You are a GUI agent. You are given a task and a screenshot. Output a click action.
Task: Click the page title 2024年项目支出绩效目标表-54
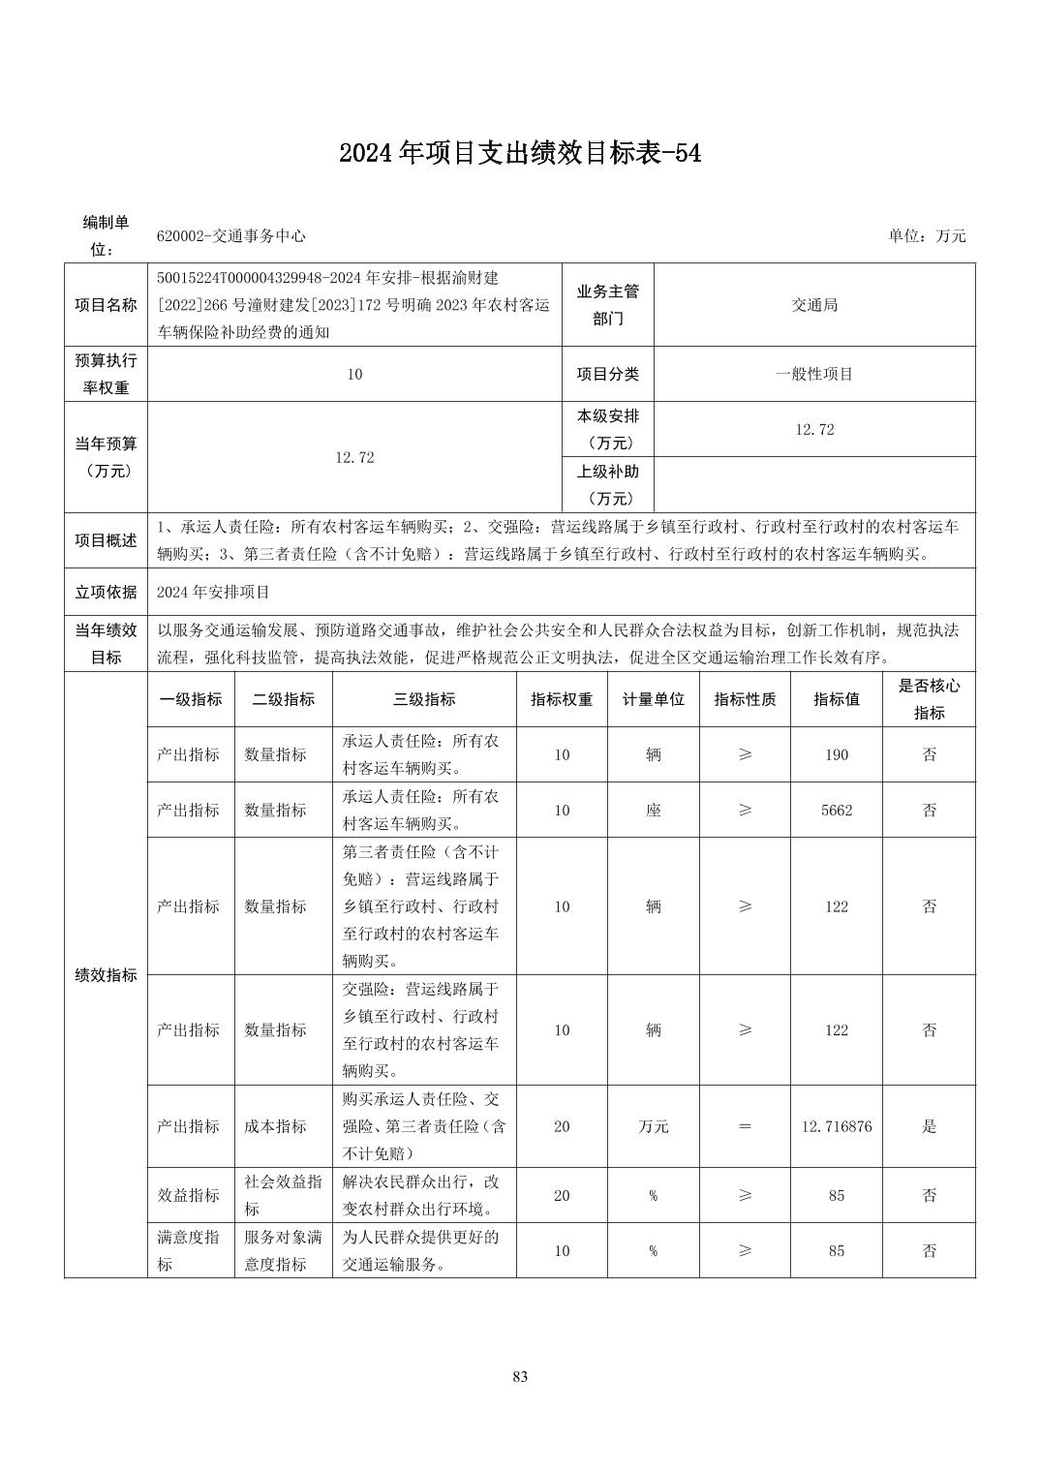point(520,153)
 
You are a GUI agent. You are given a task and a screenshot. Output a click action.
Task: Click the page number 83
point(520,1376)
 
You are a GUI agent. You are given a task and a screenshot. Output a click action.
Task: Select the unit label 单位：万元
point(927,236)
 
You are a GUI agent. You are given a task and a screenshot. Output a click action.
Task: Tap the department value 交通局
point(814,305)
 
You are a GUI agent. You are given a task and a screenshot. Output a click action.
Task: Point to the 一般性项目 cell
point(814,374)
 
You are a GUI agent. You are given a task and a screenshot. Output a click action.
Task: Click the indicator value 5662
point(836,810)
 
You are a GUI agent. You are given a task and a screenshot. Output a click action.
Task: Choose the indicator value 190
point(836,754)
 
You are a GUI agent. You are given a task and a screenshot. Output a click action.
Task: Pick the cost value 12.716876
point(836,1126)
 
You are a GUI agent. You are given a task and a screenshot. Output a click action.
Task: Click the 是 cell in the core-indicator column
point(929,1126)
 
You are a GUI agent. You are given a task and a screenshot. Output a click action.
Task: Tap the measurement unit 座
point(654,810)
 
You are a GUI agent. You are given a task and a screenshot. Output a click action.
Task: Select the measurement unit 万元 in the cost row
point(654,1126)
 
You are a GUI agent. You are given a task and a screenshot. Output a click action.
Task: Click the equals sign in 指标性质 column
point(745,1126)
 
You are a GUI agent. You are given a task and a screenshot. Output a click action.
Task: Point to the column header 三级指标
point(424,699)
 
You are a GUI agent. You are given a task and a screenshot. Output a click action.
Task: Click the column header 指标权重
point(562,699)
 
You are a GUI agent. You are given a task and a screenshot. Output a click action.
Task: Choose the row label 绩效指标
point(106,975)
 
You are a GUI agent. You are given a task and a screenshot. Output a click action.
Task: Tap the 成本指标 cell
point(276,1126)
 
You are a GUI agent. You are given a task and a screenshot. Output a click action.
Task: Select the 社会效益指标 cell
point(283,1195)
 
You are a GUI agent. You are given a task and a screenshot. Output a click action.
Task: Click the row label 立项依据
point(106,592)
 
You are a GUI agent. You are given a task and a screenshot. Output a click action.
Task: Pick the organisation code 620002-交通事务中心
point(231,236)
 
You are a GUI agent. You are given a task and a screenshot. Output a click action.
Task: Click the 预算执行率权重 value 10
point(354,374)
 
